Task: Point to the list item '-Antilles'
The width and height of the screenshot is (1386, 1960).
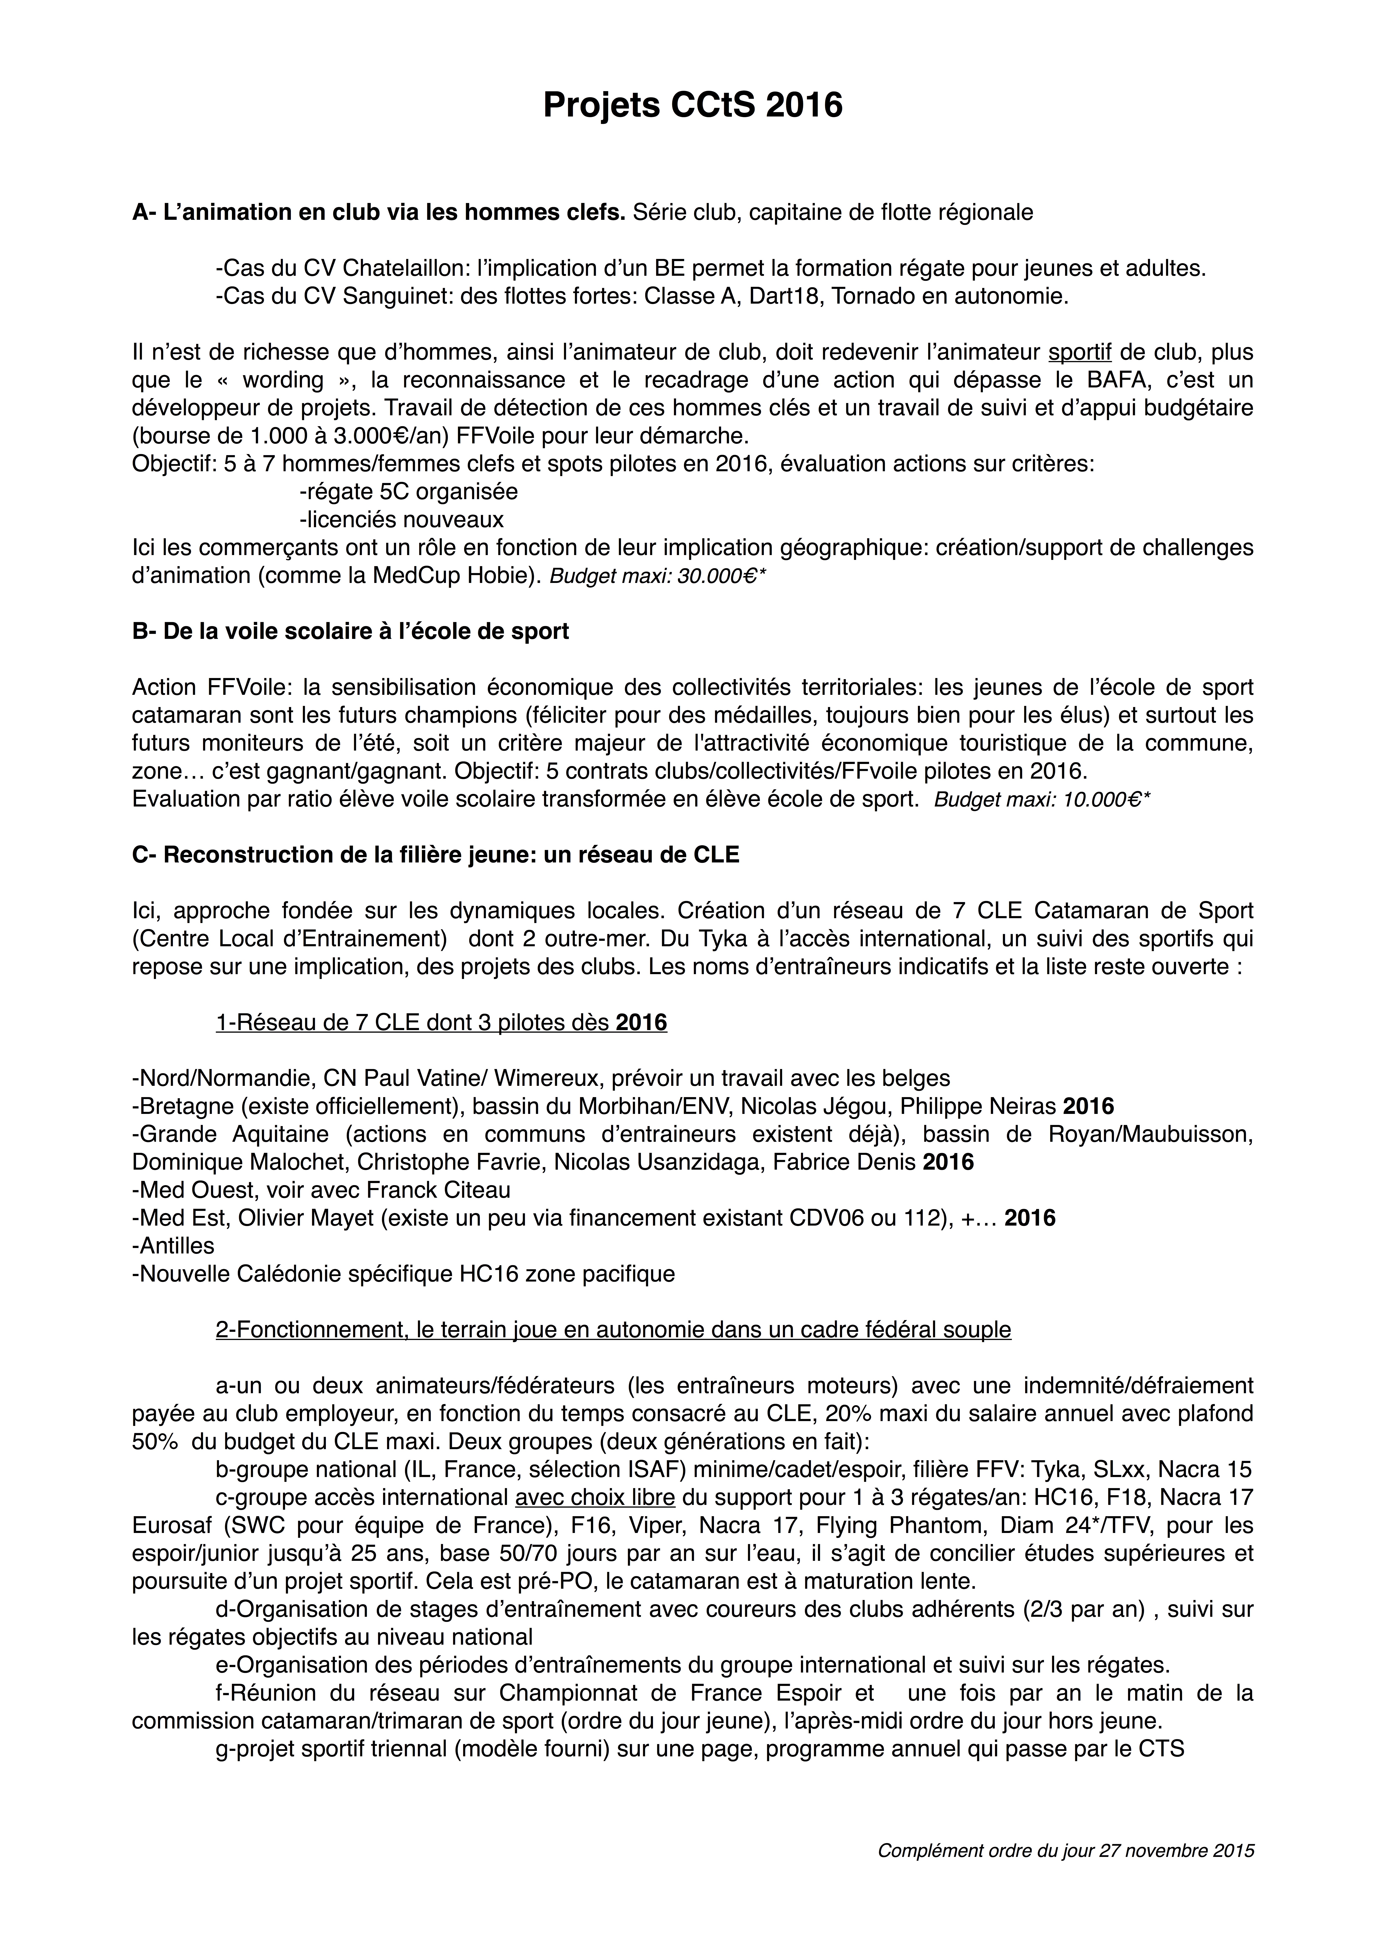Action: click(x=173, y=1245)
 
